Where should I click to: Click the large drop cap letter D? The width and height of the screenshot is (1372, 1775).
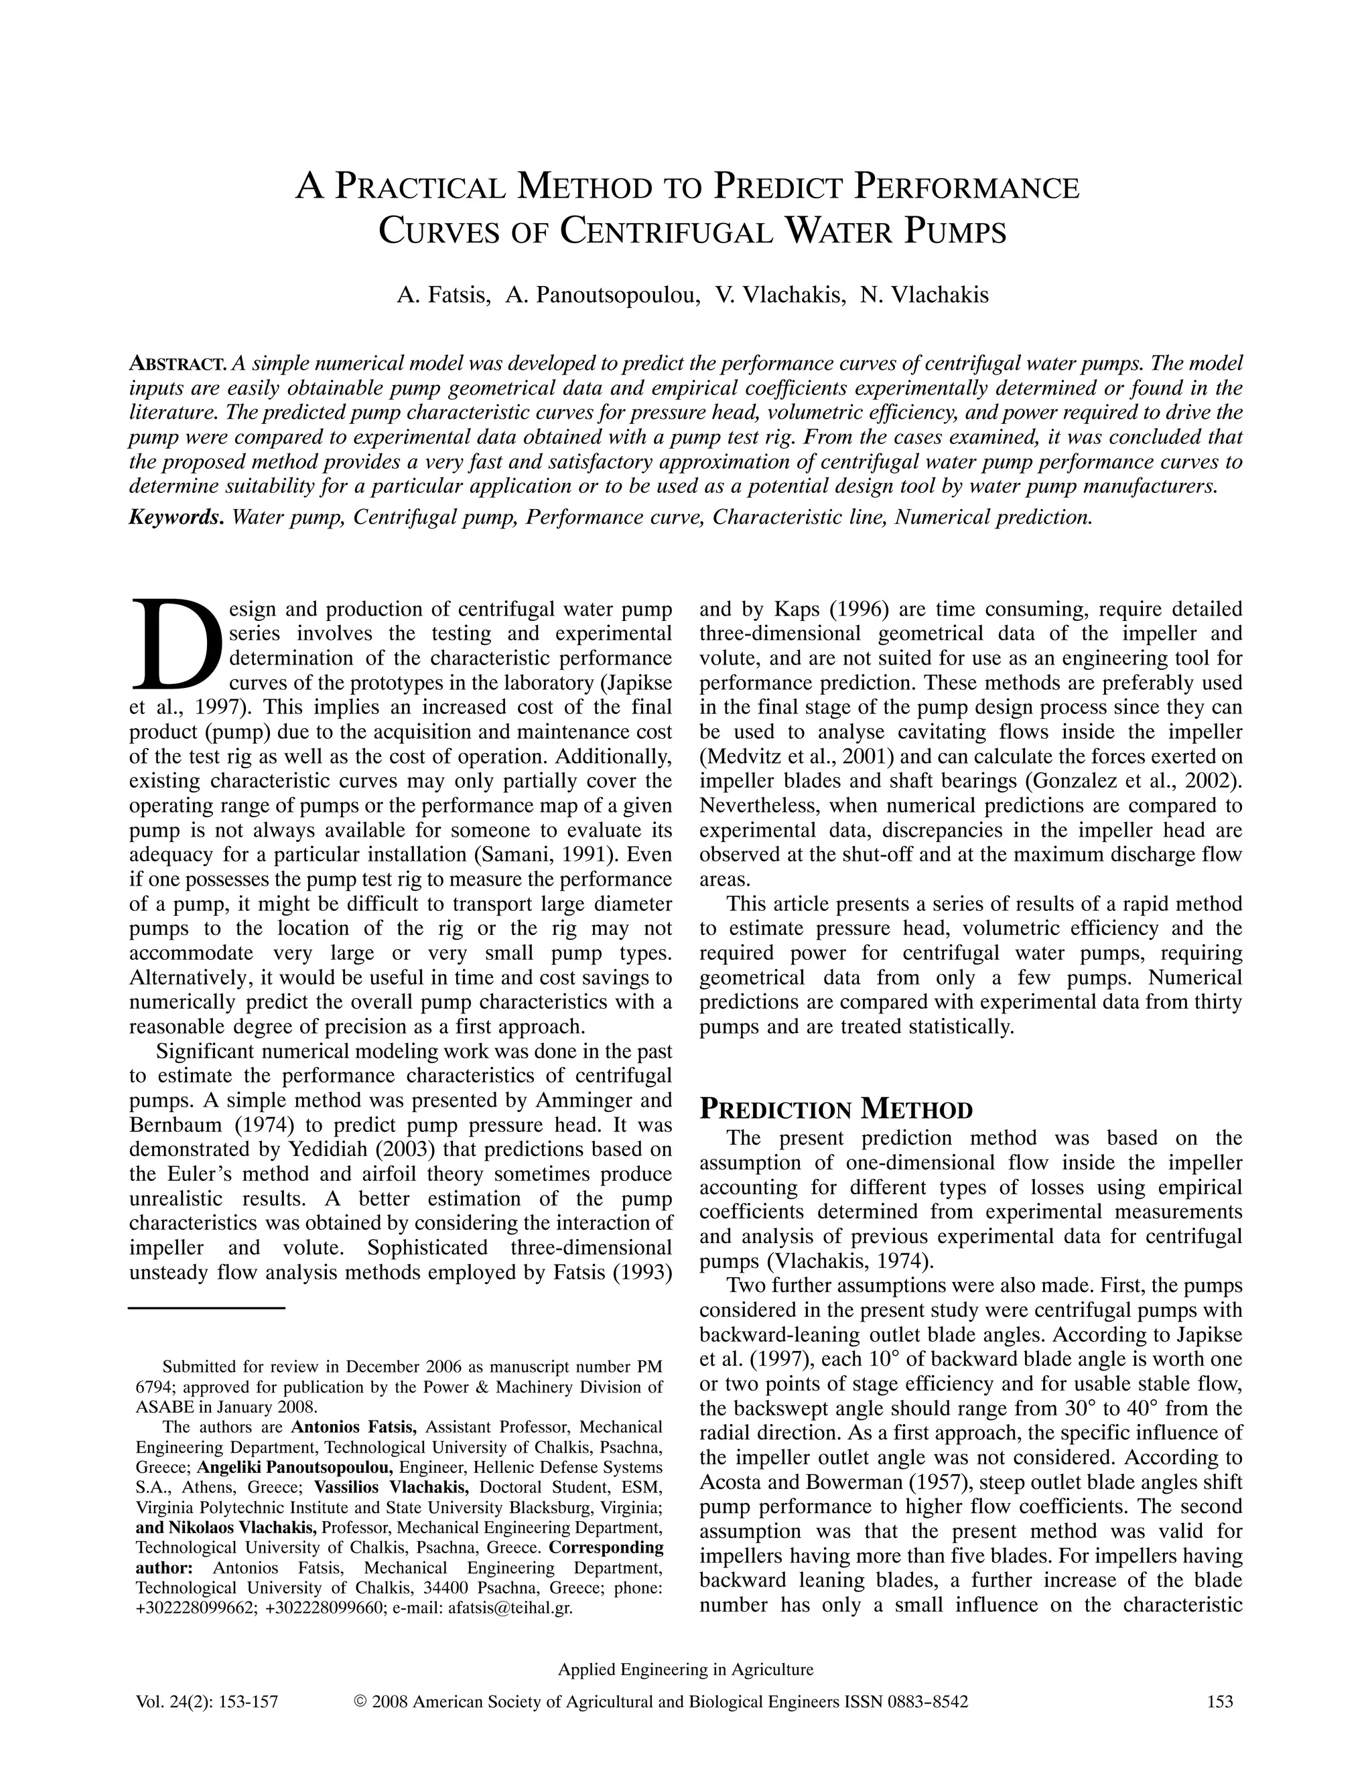click(x=176, y=642)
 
